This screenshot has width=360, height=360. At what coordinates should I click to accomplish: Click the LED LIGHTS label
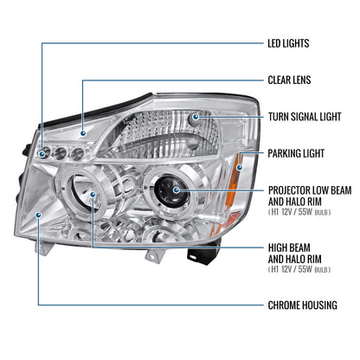288,43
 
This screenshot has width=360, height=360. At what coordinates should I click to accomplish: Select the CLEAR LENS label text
289,80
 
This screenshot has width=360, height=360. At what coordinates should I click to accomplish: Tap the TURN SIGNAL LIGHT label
305,117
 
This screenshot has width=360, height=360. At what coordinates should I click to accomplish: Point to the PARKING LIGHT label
296,153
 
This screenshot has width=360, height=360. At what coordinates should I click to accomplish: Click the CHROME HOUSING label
302,305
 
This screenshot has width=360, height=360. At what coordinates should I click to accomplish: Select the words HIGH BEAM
289,247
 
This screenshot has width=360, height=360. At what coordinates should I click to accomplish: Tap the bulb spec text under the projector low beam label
299,212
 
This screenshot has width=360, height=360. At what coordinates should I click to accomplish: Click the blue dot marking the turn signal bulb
196,117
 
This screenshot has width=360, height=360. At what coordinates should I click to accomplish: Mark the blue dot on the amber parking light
240,167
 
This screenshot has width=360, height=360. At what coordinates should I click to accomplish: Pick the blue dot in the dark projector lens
177,190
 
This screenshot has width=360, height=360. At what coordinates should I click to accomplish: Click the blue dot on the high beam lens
93,195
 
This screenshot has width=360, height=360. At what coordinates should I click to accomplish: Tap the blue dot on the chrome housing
38,215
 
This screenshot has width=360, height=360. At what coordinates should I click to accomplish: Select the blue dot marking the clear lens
83,133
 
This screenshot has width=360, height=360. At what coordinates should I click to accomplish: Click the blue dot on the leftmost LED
42,154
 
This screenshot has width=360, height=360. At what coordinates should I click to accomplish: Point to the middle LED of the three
61,153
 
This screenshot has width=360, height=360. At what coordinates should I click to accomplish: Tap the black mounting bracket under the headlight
202,253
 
